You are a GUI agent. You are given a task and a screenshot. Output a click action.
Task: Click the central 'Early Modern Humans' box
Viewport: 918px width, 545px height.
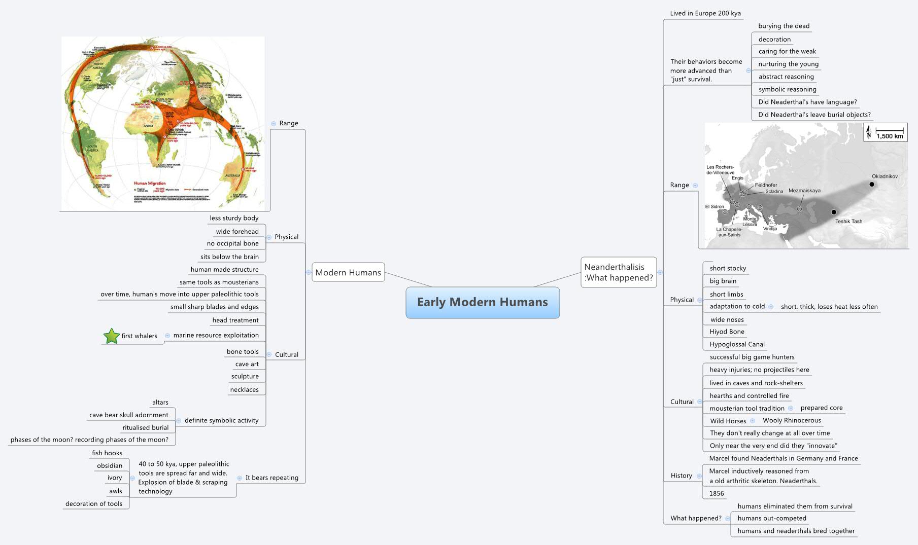pyautogui.click(x=482, y=303)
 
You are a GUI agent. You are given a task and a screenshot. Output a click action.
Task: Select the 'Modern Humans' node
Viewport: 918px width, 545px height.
pyautogui.click(x=348, y=272)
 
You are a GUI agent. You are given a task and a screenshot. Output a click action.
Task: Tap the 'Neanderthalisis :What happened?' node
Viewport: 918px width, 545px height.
pyautogui.click(x=618, y=272)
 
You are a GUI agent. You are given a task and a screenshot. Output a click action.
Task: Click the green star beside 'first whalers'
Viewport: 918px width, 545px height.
pyautogui.click(x=111, y=336)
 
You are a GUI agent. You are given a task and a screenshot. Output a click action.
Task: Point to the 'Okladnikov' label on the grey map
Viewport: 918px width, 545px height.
pyautogui.click(x=885, y=176)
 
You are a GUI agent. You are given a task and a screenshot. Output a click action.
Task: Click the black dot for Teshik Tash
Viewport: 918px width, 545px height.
pyautogui.click(x=833, y=212)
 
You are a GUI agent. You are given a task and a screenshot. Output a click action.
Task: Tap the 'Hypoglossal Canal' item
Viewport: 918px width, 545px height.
pyautogui.click(x=737, y=344)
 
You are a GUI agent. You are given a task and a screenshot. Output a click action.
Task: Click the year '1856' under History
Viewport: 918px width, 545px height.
pyautogui.click(x=717, y=493)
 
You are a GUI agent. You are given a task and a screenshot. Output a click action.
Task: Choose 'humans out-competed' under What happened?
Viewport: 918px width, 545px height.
pyautogui.click(x=771, y=518)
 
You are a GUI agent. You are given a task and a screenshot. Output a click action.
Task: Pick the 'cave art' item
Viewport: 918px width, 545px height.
pyautogui.click(x=247, y=364)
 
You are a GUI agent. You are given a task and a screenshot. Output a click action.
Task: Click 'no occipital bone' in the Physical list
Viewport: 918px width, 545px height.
pyautogui.click(x=232, y=243)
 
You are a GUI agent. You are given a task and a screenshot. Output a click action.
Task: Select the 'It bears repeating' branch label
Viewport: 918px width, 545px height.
pyautogui.click(x=271, y=478)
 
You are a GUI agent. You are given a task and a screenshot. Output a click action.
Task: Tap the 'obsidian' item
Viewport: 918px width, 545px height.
pyautogui.click(x=110, y=465)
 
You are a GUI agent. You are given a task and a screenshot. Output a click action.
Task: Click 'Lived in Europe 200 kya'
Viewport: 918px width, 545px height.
pyautogui.click(x=705, y=13)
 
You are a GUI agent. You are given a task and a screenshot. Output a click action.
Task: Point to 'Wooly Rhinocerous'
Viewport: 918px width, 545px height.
pyautogui.click(x=792, y=420)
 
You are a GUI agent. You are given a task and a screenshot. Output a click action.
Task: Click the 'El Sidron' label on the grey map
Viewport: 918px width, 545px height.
pyautogui.click(x=714, y=206)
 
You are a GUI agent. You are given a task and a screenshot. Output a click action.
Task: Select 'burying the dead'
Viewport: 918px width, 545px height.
pyautogui.click(x=784, y=26)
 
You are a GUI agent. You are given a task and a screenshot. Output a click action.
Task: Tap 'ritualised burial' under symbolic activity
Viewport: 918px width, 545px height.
pyautogui.click(x=145, y=427)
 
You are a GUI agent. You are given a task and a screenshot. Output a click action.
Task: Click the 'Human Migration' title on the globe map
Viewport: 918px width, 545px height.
pyautogui.click(x=150, y=183)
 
